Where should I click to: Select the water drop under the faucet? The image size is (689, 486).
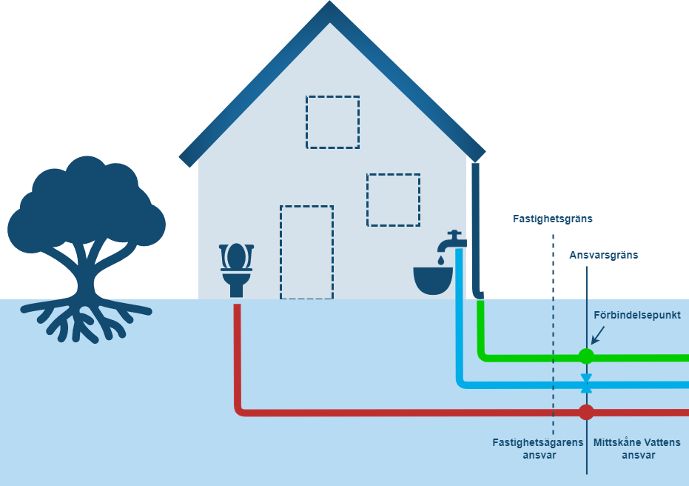coord(441,260)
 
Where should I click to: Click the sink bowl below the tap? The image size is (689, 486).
coord(433,281)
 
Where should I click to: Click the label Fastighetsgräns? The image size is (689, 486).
coord(553,219)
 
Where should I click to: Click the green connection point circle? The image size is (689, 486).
coord(586,356)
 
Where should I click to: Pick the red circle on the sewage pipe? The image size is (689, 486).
coord(586,412)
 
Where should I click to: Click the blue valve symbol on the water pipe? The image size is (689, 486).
coord(586,384)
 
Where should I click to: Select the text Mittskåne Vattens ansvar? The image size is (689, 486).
coord(637,449)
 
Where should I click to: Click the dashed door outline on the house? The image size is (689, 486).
coord(306,253)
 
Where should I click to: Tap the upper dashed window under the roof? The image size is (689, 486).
coord(332,121)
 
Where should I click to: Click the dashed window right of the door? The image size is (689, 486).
coord(393,199)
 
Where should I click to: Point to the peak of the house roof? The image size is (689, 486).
coord(329,10)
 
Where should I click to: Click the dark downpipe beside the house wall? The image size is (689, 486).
coord(477,230)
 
